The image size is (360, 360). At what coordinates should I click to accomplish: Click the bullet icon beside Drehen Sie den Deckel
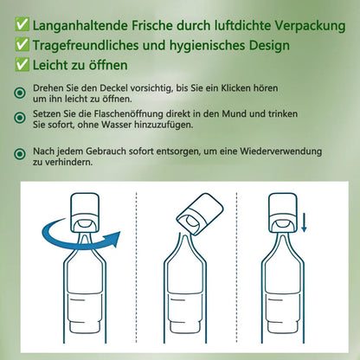point(19,92)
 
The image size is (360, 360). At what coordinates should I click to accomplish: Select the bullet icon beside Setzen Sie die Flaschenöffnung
point(19,116)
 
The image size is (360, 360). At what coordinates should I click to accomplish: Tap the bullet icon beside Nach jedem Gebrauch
point(19,154)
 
